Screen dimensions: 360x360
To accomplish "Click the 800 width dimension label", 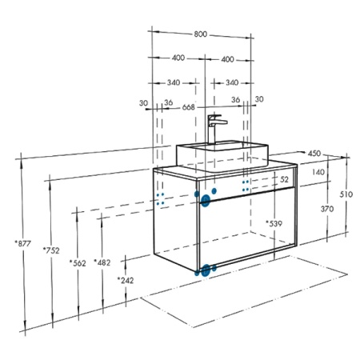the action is (200, 34).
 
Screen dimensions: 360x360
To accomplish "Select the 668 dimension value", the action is (189, 107).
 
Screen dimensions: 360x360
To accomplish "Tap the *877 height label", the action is (23, 243).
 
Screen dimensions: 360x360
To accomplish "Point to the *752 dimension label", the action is (51, 250).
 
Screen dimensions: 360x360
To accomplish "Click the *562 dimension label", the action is (78, 263).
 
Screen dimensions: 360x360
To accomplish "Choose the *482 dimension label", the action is (102, 262).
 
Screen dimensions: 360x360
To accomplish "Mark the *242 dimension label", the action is (126, 280).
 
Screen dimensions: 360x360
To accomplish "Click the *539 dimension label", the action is (274, 223).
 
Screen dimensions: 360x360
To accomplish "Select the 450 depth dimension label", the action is (314, 154).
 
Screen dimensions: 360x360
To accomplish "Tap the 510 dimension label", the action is (346, 194).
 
